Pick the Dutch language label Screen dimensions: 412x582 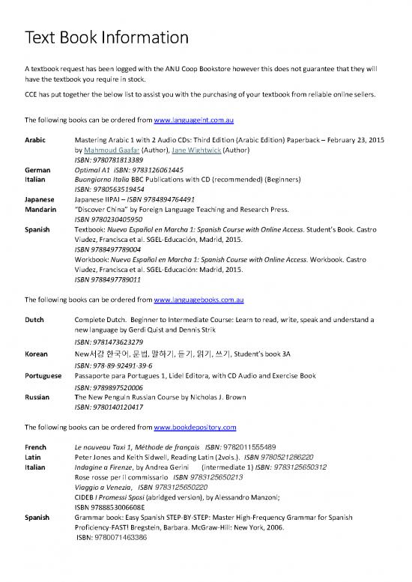tap(35, 319)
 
